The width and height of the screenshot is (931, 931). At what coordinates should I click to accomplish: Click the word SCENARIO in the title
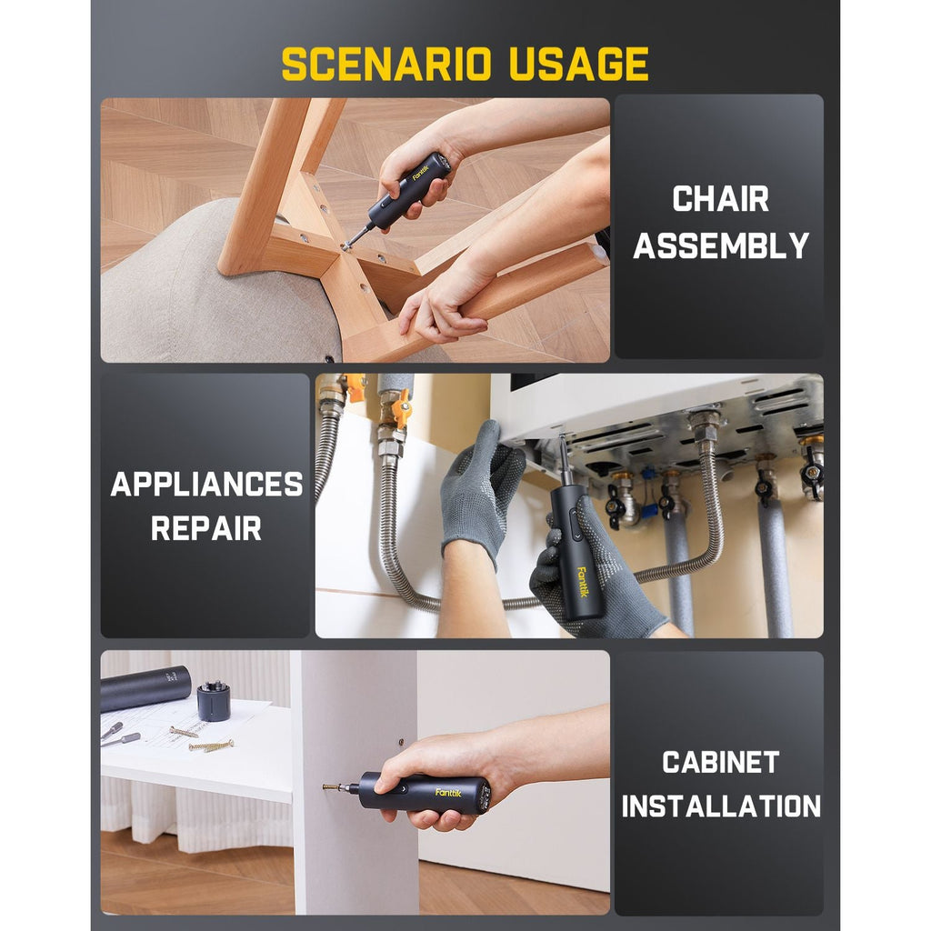[x=385, y=65]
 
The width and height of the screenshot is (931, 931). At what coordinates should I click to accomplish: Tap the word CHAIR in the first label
[x=720, y=199]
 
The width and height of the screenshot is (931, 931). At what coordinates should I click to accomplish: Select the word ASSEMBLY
[x=720, y=245]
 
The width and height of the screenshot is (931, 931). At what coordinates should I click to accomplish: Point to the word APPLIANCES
[x=206, y=485]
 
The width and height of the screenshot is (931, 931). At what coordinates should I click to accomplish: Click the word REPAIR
[x=206, y=528]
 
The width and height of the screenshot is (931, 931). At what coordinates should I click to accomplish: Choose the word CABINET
[x=720, y=762]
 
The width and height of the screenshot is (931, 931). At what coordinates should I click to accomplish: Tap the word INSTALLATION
[x=720, y=806]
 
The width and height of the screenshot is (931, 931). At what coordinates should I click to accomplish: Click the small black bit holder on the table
[x=214, y=701]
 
